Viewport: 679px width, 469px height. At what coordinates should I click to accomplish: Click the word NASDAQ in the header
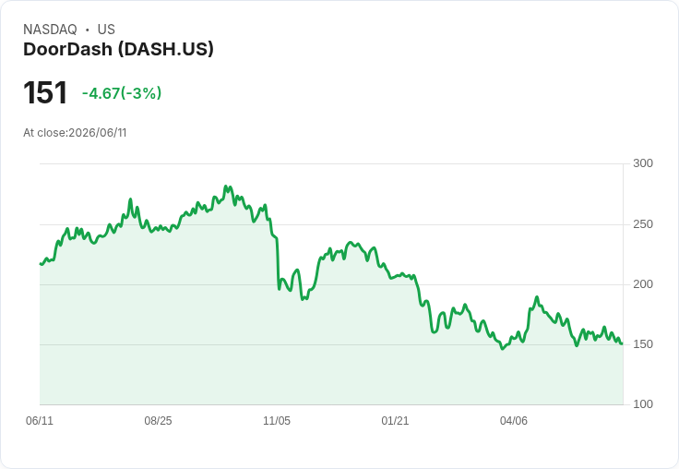pyautogui.click(x=50, y=30)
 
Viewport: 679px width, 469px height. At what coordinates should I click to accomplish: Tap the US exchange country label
pyautogui.click(x=106, y=30)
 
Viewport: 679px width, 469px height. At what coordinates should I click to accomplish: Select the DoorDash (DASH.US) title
pyautogui.click(x=118, y=50)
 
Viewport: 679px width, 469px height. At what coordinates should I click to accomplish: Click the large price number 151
pyautogui.click(x=45, y=92)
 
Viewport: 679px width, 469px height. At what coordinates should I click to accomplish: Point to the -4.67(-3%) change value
pyautogui.click(x=122, y=93)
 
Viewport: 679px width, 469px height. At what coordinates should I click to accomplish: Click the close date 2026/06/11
pyautogui.click(x=98, y=133)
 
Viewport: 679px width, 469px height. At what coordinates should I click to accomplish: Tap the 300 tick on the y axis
pyautogui.click(x=643, y=163)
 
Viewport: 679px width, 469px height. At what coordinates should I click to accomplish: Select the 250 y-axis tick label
pyautogui.click(x=643, y=224)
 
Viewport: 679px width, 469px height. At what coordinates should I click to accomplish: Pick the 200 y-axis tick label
pyautogui.click(x=643, y=284)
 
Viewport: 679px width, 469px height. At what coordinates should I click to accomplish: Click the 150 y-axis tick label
pyautogui.click(x=643, y=344)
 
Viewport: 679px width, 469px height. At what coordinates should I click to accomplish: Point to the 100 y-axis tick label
pyautogui.click(x=643, y=404)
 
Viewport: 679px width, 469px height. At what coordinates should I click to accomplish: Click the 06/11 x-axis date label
pyautogui.click(x=40, y=420)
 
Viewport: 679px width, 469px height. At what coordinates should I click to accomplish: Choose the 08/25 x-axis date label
pyautogui.click(x=158, y=420)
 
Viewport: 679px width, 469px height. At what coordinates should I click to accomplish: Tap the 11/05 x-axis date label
pyautogui.click(x=277, y=420)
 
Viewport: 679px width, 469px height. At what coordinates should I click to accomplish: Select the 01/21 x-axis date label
pyautogui.click(x=395, y=420)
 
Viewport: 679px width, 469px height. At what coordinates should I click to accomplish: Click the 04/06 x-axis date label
pyautogui.click(x=514, y=420)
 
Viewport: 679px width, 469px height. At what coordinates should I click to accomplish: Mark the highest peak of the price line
pyautogui.click(x=226, y=186)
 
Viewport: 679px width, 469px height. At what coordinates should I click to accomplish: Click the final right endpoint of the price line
pyautogui.click(x=623, y=343)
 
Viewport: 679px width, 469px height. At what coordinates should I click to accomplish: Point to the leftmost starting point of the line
pyautogui.click(x=41, y=263)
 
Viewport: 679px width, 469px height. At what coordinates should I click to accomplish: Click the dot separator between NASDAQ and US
pyautogui.click(x=87, y=30)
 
